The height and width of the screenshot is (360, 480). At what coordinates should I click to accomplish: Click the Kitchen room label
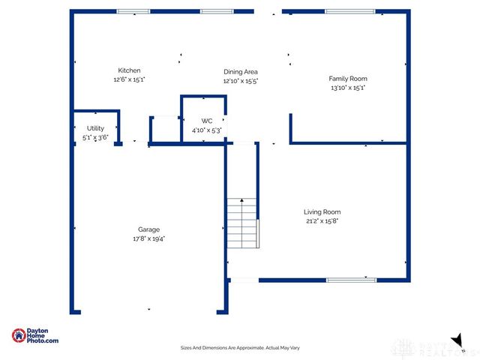click(x=129, y=70)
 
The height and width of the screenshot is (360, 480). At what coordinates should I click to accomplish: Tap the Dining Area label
click(x=241, y=72)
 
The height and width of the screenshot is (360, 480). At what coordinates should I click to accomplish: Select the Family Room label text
click(x=347, y=78)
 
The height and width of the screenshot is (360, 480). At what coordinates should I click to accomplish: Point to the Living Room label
click(x=322, y=211)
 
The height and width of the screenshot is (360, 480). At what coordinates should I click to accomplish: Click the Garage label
click(x=148, y=229)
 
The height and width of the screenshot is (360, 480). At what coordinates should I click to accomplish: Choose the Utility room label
click(x=95, y=128)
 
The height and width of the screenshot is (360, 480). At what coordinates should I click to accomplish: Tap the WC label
click(x=207, y=121)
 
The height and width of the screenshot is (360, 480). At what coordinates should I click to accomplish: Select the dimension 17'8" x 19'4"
click(x=148, y=238)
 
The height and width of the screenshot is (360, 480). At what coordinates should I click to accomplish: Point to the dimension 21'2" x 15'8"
click(x=322, y=221)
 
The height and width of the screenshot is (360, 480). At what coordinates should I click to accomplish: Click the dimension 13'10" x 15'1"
click(x=347, y=88)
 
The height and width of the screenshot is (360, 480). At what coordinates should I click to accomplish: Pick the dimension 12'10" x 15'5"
click(x=241, y=81)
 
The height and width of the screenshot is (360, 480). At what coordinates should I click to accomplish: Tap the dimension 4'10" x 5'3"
click(x=207, y=130)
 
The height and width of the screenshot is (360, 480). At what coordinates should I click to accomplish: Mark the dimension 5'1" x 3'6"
click(x=95, y=137)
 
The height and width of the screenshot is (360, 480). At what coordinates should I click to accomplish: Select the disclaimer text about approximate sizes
click(x=240, y=347)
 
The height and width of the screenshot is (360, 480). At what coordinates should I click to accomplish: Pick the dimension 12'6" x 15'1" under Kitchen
click(x=129, y=79)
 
